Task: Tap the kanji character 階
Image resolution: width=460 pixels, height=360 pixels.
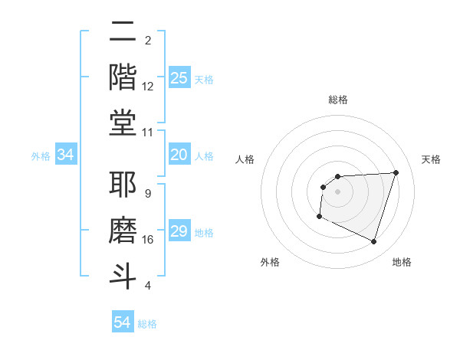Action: [x=123, y=77]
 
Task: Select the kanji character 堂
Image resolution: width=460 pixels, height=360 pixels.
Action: [x=123, y=123]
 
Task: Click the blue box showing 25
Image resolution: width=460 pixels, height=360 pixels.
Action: [x=179, y=78]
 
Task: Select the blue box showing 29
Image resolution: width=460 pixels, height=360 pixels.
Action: [x=179, y=232]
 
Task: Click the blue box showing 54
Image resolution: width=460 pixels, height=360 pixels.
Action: [x=123, y=322]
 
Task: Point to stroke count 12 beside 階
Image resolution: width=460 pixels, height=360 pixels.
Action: [x=148, y=87]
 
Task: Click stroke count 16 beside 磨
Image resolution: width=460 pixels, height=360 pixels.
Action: [x=148, y=240]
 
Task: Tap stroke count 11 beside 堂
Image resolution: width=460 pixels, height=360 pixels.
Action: [x=148, y=133]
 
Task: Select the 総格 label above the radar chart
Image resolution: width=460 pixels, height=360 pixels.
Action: [x=338, y=100]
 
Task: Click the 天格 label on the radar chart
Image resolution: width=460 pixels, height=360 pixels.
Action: [x=431, y=159]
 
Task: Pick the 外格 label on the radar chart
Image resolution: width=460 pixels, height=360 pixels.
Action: [x=270, y=263]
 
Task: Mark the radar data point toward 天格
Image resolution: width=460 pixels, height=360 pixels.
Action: [x=396, y=172]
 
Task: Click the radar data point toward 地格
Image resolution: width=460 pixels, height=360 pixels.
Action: [x=373, y=242]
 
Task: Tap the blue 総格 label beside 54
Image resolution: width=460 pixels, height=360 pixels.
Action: [x=147, y=324]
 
